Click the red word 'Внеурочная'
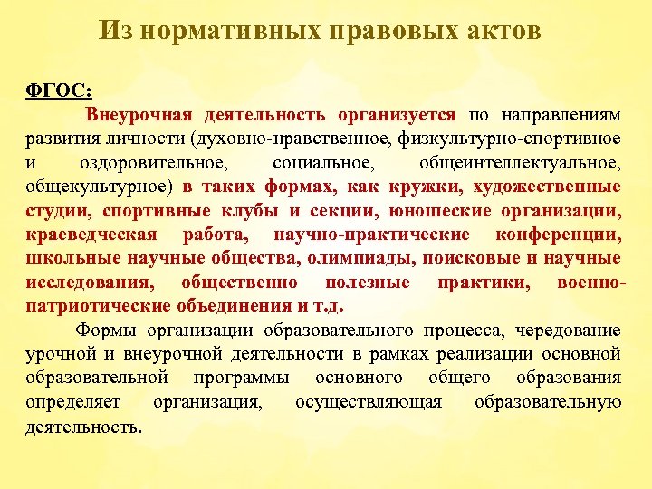140,116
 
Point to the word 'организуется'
398,116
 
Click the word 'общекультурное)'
99,187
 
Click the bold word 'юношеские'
433,210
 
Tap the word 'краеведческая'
84,234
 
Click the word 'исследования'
82,282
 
